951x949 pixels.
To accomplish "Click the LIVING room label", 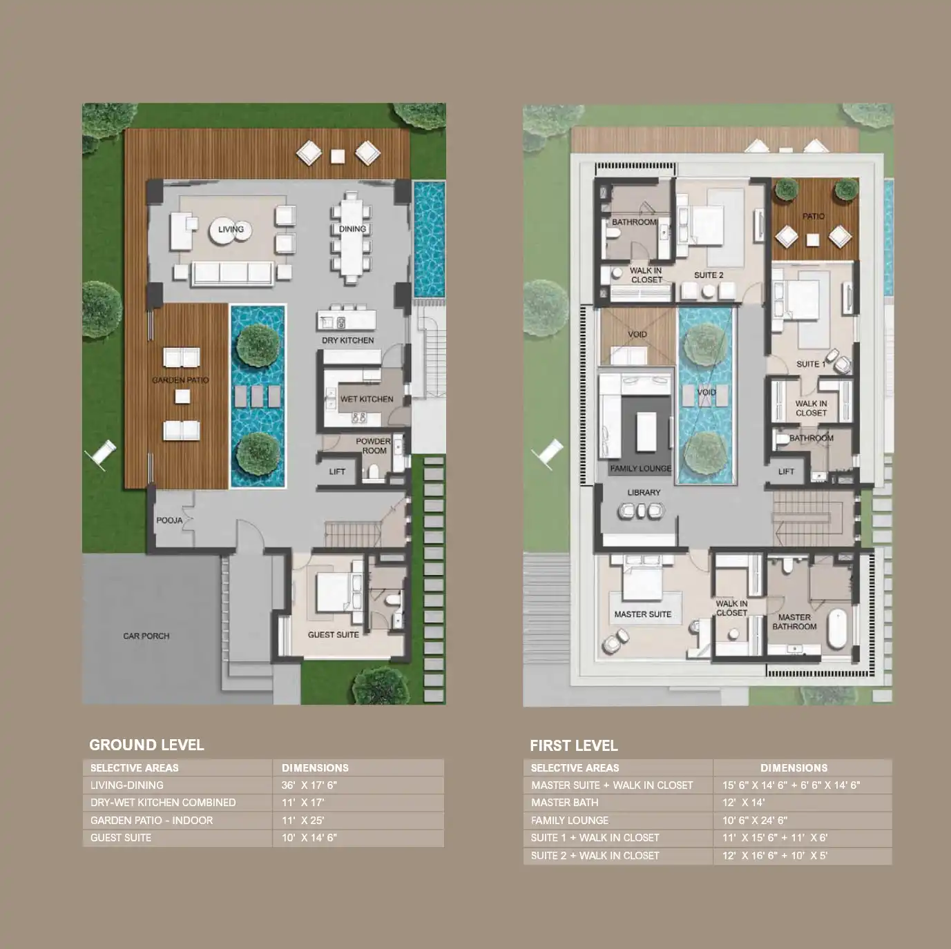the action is (231, 229).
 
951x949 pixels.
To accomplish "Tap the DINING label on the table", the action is (352, 229).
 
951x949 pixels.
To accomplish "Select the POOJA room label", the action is (169, 520).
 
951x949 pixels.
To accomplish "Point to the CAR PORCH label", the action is (146, 636).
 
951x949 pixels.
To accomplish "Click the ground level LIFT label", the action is (337, 472).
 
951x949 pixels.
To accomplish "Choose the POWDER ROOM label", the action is (374, 446).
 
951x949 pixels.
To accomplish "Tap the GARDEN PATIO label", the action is (181, 380).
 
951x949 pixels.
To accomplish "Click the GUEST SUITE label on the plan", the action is (334, 635).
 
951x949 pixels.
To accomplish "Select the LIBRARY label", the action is (644, 493).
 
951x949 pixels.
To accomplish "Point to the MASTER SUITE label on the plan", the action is (642, 614).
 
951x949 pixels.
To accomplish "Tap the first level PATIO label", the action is (814, 217).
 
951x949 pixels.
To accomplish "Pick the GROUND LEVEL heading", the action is (146, 745).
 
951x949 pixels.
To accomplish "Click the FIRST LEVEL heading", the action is (574, 745).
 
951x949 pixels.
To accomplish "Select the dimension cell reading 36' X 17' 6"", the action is (309, 785).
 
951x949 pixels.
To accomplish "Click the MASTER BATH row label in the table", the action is (564, 803).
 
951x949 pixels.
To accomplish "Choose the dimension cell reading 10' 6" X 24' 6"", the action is (755, 820).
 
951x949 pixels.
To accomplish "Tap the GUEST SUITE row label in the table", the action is (121, 837).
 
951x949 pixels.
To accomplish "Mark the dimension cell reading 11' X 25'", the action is (303, 820).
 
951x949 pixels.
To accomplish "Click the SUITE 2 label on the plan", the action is (709, 275).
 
